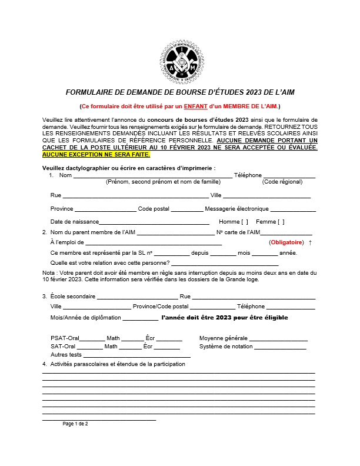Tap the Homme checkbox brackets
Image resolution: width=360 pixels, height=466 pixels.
(x=245, y=222)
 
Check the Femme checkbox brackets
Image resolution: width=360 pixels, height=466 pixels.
(x=281, y=222)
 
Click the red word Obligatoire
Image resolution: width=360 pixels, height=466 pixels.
(x=286, y=242)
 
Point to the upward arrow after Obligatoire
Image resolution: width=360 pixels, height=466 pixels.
(x=310, y=242)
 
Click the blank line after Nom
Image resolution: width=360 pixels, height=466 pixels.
(x=152, y=176)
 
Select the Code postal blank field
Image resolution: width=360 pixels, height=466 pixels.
(x=186, y=209)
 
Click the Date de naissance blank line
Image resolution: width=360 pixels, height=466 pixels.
(x=154, y=222)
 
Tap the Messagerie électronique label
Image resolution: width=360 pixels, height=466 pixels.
(x=236, y=209)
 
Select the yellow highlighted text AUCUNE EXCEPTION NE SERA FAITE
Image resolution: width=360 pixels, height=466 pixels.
(x=96, y=155)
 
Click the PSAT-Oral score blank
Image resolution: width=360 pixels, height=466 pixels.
(x=92, y=339)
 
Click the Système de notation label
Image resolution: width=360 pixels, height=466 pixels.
(x=226, y=347)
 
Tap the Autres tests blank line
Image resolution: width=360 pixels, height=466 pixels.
(x=136, y=355)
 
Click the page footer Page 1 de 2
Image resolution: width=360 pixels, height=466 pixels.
(x=75, y=424)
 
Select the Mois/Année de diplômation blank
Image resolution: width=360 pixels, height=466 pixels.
(x=140, y=318)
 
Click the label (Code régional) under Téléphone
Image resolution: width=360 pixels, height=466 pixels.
(x=281, y=182)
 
